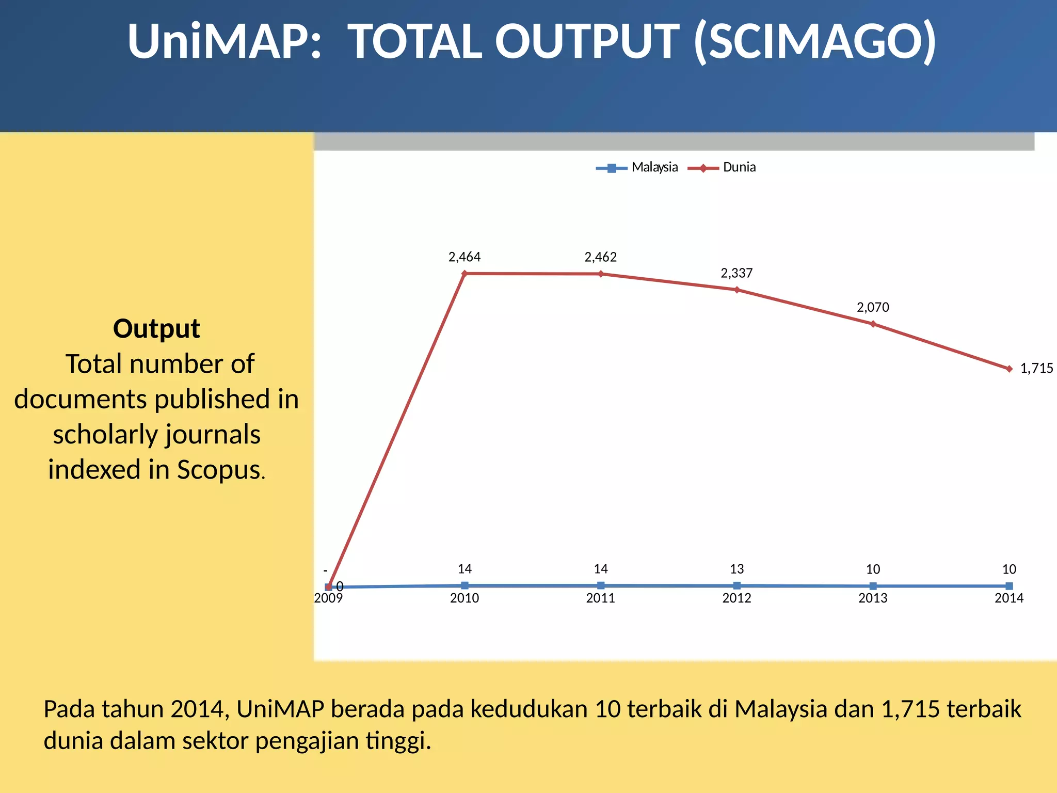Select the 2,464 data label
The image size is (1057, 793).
(464, 257)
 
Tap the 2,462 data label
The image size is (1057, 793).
(600, 257)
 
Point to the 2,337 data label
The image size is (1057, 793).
(736, 273)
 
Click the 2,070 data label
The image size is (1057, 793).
(873, 308)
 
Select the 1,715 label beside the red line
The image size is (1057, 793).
(1036, 369)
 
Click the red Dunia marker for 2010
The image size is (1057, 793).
(465, 274)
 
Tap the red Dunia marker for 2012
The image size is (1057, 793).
(737, 290)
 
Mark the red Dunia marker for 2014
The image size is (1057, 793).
(1010, 369)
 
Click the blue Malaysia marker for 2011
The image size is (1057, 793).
(601, 585)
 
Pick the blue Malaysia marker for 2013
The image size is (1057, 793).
(873, 586)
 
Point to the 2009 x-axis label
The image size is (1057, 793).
(328, 598)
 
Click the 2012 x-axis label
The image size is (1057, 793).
(736, 598)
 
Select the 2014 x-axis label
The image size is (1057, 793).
(1009, 598)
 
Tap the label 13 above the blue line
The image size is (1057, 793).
(736, 569)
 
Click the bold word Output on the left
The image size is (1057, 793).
(156, 329)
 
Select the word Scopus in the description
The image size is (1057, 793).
(218, 470)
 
